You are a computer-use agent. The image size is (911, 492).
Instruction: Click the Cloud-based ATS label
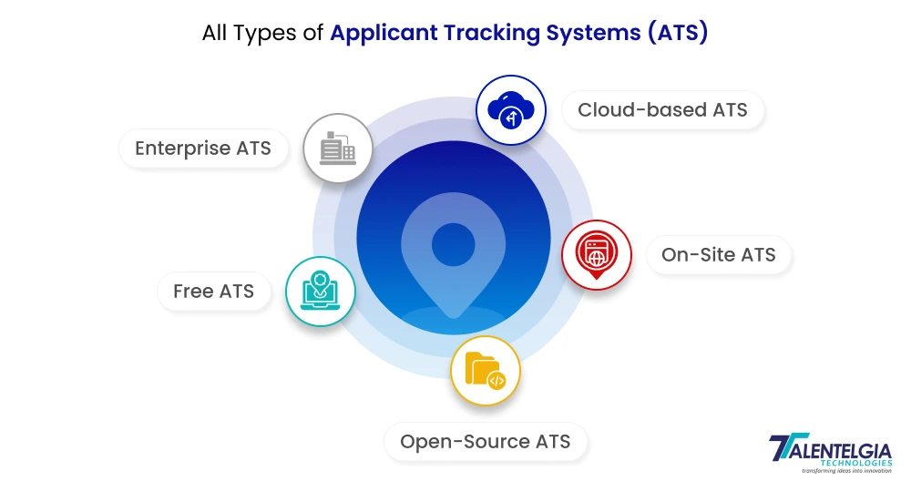click(x=662, y=110)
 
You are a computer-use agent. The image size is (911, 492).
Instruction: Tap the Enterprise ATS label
click(x=202, y=148)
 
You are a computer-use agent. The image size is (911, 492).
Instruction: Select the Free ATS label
click(x=213, y=292)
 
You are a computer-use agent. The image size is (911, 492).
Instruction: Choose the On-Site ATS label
click(x=718, y=254)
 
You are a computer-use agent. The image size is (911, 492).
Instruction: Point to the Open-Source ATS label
click(x=485, y=442)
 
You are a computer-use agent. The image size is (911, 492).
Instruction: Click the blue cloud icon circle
click(x=510, y=111)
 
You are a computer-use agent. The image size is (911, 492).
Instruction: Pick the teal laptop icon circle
click(x=320, y=292)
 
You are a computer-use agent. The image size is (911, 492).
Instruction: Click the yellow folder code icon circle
click(x=485, y=370)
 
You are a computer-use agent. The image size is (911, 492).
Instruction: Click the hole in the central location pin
click(x=453, y=243)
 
